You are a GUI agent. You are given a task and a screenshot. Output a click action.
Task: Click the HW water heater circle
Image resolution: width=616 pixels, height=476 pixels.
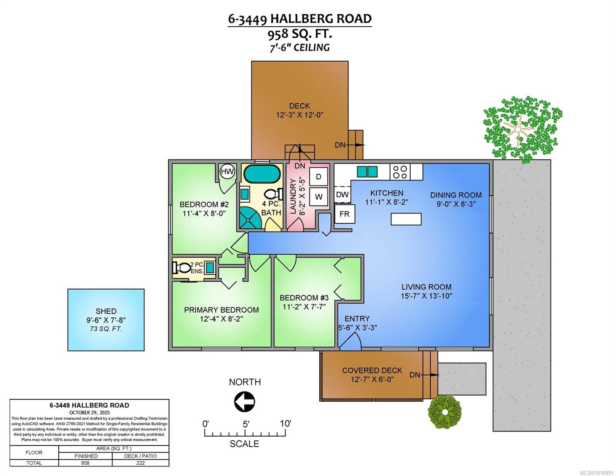pos(227,171)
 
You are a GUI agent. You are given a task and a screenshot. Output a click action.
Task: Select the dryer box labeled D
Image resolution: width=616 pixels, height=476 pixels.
pos(319,177)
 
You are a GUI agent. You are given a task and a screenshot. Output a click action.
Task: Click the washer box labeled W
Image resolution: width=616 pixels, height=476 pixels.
pos(319,196)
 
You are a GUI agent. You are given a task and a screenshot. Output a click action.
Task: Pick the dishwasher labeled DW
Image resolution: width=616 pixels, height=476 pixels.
pos(342,194)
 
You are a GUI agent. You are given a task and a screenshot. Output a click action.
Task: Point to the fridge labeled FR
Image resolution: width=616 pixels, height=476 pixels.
pos(344,214)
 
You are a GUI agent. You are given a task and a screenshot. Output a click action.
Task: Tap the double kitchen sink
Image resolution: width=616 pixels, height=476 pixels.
pos(367,172)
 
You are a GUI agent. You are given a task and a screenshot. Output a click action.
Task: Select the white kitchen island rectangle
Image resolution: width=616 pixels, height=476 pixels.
pos(406,219)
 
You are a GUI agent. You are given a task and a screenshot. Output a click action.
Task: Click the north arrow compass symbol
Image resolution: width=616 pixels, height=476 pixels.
pos(244,402)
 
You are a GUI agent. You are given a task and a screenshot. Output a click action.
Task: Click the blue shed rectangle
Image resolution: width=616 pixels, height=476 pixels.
pos(106,320)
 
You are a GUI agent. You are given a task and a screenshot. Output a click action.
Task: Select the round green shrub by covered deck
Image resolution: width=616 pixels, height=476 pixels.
pos(445,412)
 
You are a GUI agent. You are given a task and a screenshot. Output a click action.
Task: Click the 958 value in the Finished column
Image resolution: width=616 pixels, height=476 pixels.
pos(85,463)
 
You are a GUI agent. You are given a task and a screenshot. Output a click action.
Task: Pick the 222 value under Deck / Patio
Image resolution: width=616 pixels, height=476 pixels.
pos(140,463)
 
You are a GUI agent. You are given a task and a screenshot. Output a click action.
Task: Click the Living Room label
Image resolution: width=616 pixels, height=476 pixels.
pos(426,287)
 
